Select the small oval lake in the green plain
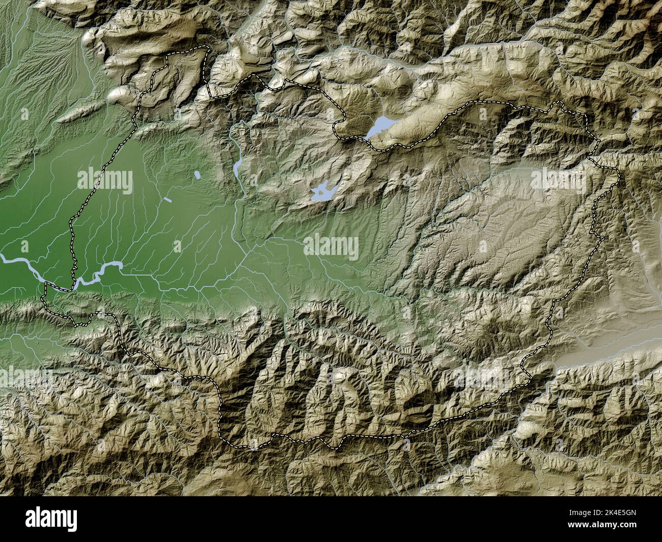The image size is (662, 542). (197, 176)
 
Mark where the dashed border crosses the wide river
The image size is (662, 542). (74, 282)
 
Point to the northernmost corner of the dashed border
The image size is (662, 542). (208, 46)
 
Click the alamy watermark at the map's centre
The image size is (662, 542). (332, 248)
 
